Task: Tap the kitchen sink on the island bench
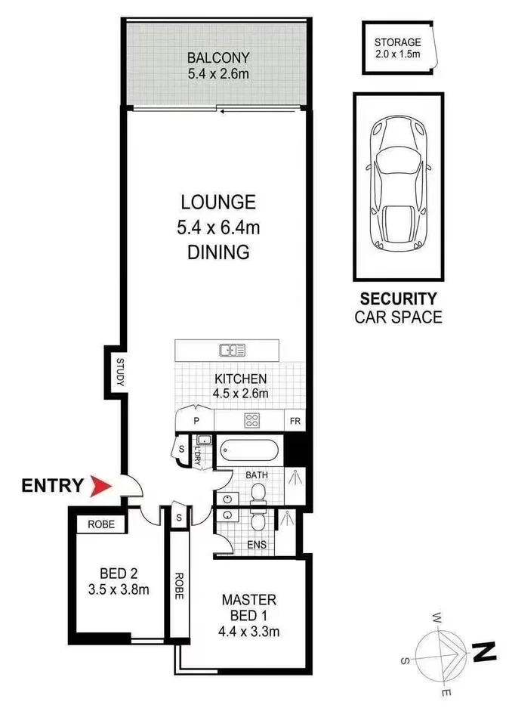point(232,350)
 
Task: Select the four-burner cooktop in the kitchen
point(251,420)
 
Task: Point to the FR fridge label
point(294,421)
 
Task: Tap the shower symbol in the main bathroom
point(295,477)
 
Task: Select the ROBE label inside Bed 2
point(100,524)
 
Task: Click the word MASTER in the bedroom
point(248,601)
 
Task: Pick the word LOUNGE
point(218,202)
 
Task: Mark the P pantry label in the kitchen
point(196,421)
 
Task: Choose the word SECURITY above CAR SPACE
point(398,298)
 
